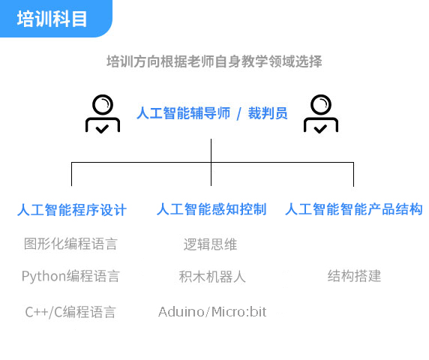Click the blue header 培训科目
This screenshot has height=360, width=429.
[x=52, y=19]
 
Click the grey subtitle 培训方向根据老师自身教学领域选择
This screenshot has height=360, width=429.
[x=214, y=61]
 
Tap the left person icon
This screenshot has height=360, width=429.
[x=103, y=114]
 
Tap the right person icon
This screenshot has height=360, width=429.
[x=321, y=114]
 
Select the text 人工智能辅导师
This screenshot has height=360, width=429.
[x=183, y=113]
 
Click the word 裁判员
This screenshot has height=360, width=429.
[x=268, y=113]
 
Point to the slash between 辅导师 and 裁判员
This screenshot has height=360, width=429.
[x=238, y=113]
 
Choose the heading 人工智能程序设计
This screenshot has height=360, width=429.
[x=72, y=210]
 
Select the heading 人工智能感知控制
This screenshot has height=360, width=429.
[x=211, y=209]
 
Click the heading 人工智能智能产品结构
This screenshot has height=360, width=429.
[x=354, y=209]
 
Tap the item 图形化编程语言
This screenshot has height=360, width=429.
[x=70, y=244]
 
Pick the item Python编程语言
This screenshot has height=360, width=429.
[x=70, y=276]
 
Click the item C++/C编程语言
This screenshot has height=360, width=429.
[x=70, y=312]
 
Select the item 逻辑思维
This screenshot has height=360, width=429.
[x=210, y=244]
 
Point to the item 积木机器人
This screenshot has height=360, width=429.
[x=212, y=277]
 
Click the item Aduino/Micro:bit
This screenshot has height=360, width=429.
[x=212, y=311]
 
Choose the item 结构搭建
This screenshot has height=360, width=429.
[x=354, y=276]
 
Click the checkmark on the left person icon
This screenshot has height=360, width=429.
[x=102, y=129]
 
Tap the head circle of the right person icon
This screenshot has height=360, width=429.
[x=321, y=104]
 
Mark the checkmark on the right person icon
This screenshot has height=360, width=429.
[x=321, y=129]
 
